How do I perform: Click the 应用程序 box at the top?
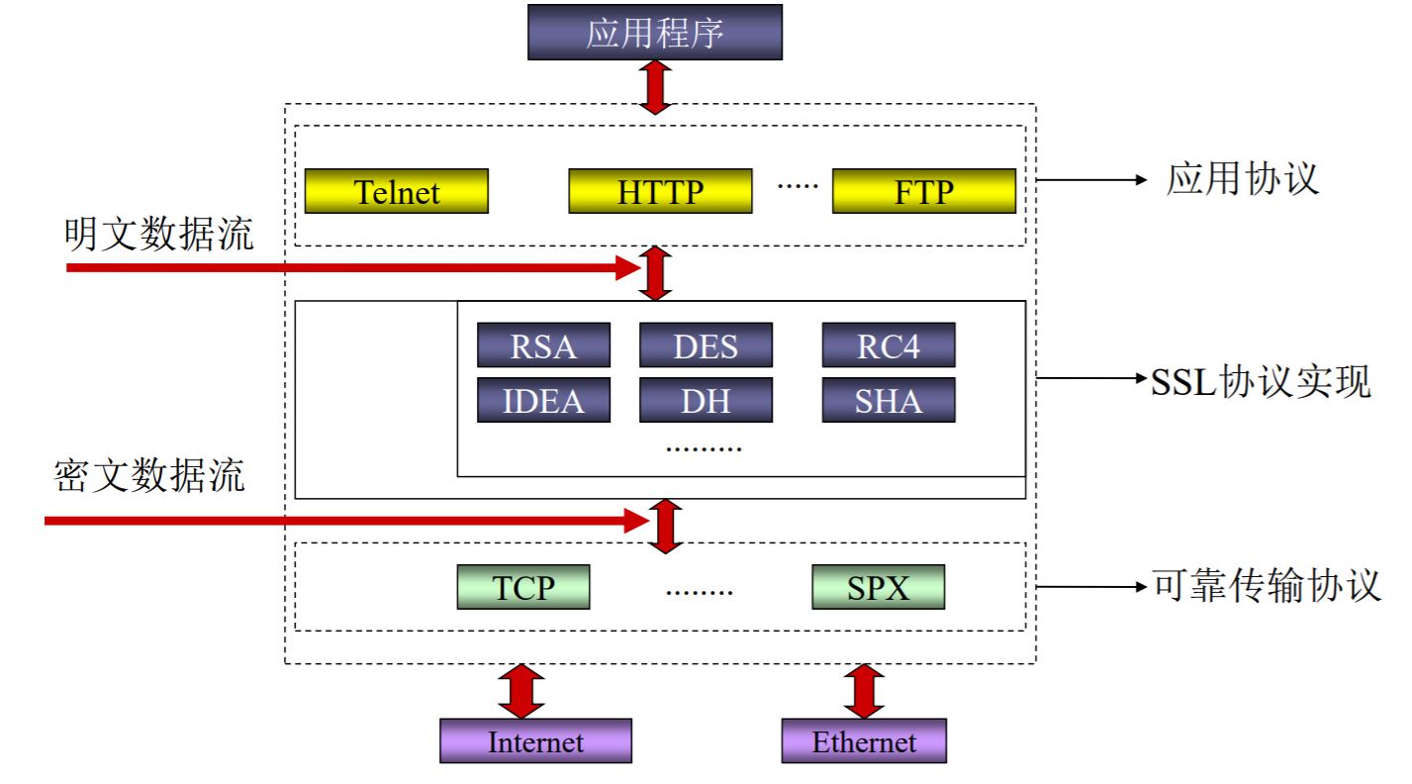[x=654, y=32]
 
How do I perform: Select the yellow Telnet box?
[x=396, y=191]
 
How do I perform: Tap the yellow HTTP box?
[x=660, y=191]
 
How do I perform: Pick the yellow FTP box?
[x=923, y=191]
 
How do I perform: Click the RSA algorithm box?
[x=543, y=345]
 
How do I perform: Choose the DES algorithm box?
[x=706, y=345]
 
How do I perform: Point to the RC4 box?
[x=888, y=345]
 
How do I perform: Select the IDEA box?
[x=543, y=400]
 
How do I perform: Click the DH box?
[x=706, y=400]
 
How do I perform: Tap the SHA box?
[x=888, y=400]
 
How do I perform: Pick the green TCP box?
[x=523, y=587]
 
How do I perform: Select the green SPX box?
[x=878, y=587]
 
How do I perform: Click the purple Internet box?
[x=535, y=741]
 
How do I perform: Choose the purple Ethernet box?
[x=864, y=741]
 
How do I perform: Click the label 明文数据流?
[x=158, y=235]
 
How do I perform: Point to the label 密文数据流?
[x=149, y=476]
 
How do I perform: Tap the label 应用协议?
[x=1243, y=179]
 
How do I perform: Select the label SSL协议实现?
[x=1261, y=381]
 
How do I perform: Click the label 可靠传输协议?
[x=1267, y=586]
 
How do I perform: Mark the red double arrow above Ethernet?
[x=864, y=691]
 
